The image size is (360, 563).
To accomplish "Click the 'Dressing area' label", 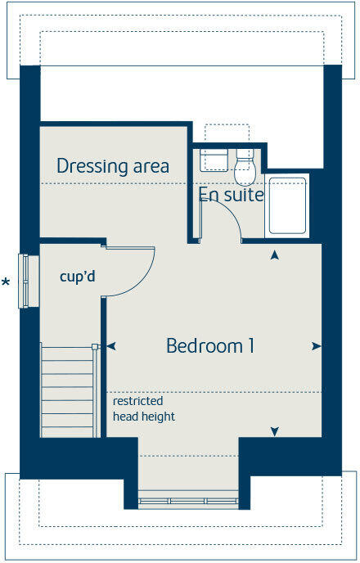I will coord(113,166).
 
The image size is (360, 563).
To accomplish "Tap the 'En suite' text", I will coord(231,195).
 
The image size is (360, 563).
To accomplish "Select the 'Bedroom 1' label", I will coord(210,346).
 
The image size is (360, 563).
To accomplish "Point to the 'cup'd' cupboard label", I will coord(78,277).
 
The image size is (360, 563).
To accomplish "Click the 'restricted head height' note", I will coord(144,409).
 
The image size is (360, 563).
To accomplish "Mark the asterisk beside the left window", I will coord(7,283).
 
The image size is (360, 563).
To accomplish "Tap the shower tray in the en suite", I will coord(286,205).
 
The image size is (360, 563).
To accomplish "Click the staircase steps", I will coord(67,391).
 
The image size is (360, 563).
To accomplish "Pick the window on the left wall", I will coord(29,281).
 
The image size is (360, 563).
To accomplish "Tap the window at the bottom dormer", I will coord(187,499).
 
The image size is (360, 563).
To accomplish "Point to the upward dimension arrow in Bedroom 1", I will coord(275,255).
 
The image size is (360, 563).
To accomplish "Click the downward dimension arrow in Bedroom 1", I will coord(275,431).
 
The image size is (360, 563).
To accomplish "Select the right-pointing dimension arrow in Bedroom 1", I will coord(316,346).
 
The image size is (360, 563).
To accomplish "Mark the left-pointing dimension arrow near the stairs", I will coord(110,346).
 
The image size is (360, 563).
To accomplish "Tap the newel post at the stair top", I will coord(96,346).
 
